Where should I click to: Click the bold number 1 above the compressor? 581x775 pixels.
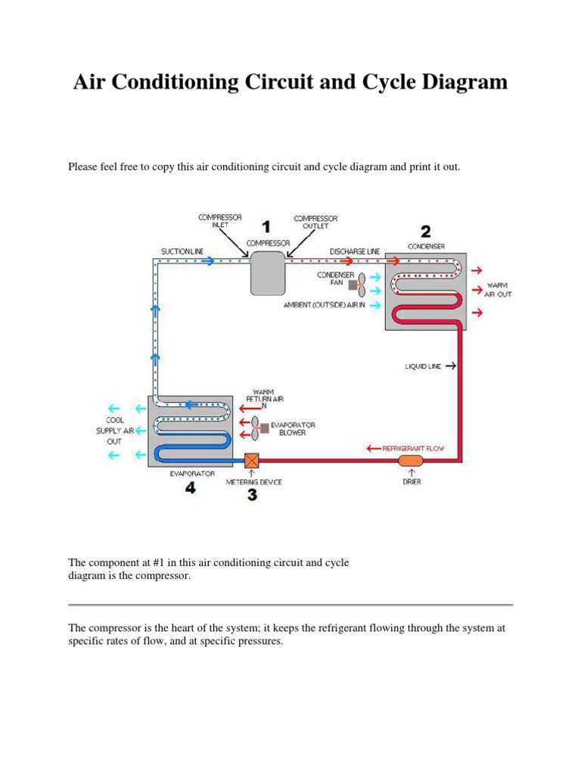266,226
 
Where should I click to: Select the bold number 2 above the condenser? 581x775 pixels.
426,231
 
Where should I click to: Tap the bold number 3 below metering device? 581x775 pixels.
252,495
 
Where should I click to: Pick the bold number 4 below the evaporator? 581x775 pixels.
191,488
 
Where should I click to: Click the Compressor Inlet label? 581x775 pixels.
220,221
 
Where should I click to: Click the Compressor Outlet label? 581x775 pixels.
315,222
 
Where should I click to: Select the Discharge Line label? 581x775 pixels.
355,251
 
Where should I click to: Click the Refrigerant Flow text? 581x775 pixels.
414,448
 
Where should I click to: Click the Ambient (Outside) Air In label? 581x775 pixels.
324,304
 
